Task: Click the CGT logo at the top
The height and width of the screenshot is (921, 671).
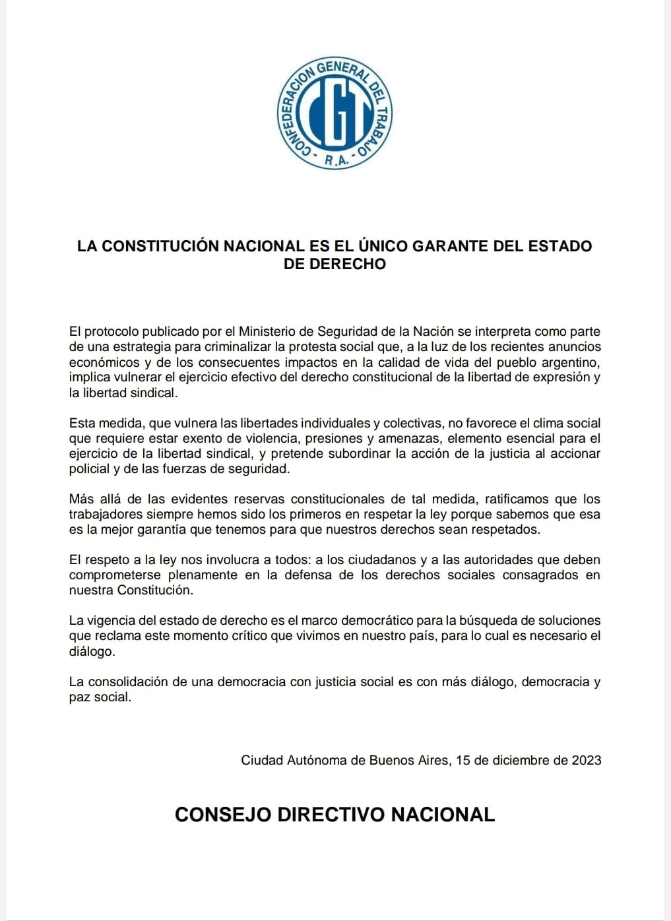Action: [335, 113]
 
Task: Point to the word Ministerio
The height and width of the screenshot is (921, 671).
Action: [269, 331]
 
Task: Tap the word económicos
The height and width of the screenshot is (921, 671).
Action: [104, 362]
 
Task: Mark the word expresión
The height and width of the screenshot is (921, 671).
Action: [561, 377]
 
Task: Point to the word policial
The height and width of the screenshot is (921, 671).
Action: [89, 469]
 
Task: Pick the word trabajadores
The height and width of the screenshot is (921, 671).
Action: [104, 514]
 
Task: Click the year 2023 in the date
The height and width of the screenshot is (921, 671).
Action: [587, 760]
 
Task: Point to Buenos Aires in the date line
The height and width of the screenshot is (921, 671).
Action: [410, 760]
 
